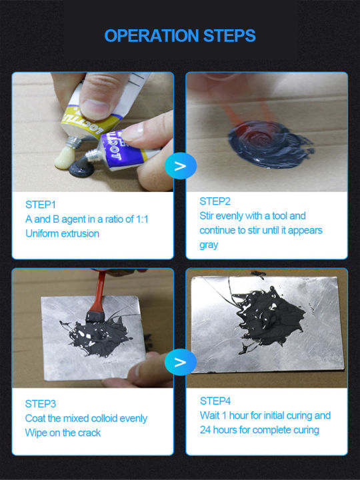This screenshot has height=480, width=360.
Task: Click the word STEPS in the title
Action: click(x=230, y=35)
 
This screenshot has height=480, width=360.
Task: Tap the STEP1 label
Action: click(x=41, y=205)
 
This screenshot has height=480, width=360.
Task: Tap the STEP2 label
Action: click(x=215, y=201)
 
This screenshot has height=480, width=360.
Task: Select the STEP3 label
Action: click(x=41, y=403)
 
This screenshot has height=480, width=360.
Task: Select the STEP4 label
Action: click(x=215, y=401)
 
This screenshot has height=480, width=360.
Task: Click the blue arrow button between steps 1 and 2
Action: click(x=180, y=165)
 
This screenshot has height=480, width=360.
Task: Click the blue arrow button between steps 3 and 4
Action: click(x=180, y=363)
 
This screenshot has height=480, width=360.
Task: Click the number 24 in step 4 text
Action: click(x=207, y=430)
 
